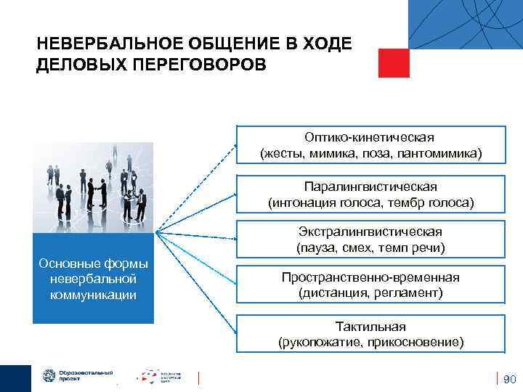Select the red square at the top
tap(394, 62)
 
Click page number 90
tap(508, 378)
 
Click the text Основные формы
tap(93, 263)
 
